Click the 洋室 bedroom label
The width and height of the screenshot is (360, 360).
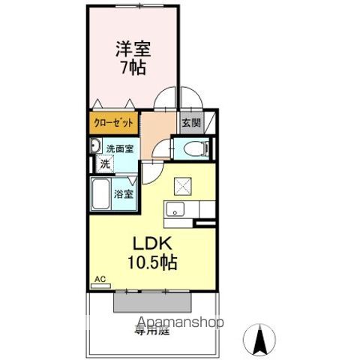pos(133,49)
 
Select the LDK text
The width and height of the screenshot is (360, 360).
pos(154,244)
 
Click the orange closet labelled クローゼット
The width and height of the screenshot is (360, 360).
pos(114,123)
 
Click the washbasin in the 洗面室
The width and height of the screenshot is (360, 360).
pos(96,146)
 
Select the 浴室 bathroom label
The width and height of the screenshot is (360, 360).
pos(124,193)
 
